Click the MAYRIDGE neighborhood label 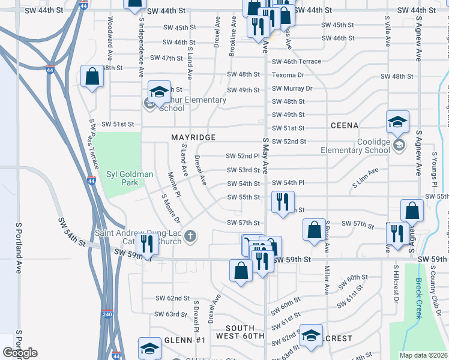193,137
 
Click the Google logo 20,353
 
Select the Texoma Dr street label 288,75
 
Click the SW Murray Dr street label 292,88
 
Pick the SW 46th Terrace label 297,61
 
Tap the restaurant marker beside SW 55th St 282,202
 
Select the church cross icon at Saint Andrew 190,235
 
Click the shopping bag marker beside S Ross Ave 314,230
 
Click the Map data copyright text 424,355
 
